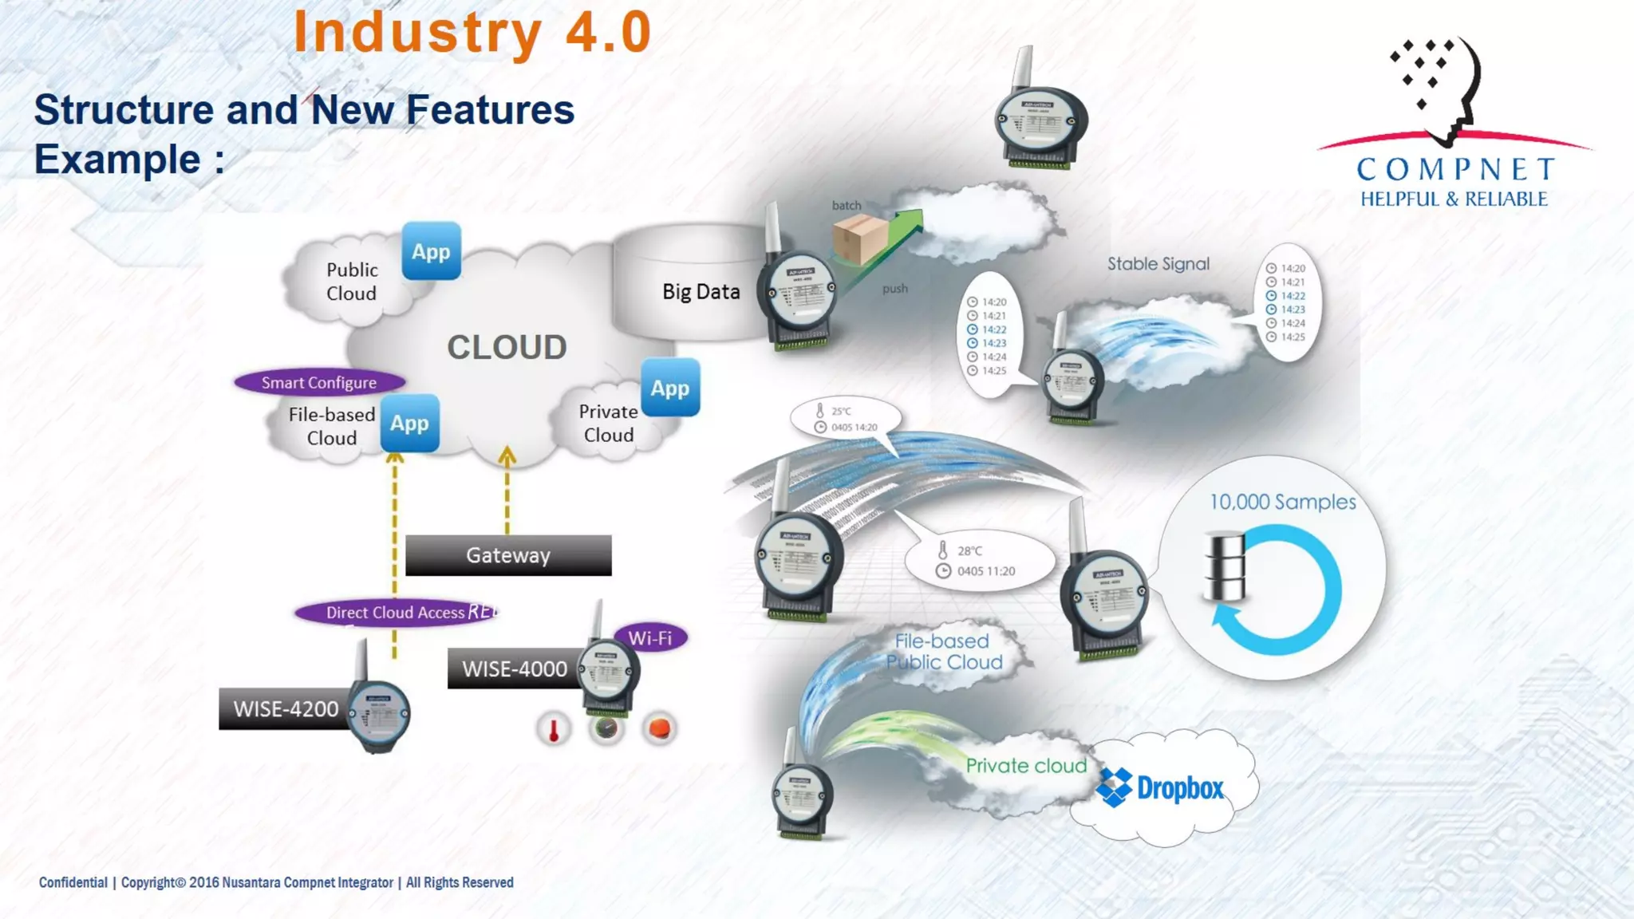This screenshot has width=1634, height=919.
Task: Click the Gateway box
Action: click(x=508, y=555)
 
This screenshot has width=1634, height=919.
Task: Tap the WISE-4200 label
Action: click(x=286, y=708)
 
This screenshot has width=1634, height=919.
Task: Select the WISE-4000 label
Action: click(x=515, y=669)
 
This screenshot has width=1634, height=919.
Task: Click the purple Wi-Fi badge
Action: click(x=650, y=637)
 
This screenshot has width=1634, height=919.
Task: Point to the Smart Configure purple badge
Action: click(x=319, y=382)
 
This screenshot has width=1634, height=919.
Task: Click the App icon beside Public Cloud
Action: click(x=431, y=251)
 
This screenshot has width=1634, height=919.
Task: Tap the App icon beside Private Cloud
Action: click(x=670, y=388)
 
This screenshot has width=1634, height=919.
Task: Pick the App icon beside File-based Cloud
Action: click(x=409, y=423)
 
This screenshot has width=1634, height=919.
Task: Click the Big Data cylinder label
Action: click(x=701, y=291)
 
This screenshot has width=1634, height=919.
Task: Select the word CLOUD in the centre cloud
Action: click(x=507, y=347)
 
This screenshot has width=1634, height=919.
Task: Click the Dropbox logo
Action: click(x=1161, y=788)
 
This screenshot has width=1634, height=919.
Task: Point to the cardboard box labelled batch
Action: click(x=860, y=239)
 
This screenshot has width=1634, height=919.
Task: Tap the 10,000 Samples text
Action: click(x=1282, y=502)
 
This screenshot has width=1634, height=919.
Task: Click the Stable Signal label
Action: click(x=1158, y=264)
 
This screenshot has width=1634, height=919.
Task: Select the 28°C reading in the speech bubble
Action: click(x=969, y=550)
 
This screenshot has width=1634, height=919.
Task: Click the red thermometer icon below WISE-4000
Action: click(x=554, y=728)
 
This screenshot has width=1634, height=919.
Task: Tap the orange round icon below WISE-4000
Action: click(x=659, y=728)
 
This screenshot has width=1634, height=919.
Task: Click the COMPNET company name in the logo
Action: click(x=1456, y=169)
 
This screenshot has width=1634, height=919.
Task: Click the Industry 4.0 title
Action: click(x=473, y=33)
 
